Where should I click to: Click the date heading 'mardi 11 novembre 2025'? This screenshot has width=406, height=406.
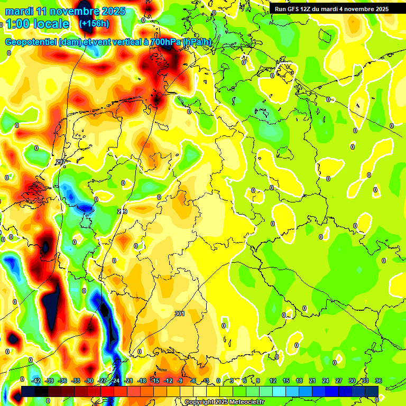pos(65,11)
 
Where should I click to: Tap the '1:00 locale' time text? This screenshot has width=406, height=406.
pos(37,24)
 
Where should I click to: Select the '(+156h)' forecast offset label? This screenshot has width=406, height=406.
pos(94,24)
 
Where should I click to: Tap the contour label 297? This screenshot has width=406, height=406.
pos(60,162)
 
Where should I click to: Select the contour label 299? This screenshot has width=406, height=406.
pos(122,211)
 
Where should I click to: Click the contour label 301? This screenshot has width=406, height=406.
pos(180,313)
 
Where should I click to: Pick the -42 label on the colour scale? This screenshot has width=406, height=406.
pos(36,381)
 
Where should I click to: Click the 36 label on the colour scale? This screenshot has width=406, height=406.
pos(378,381)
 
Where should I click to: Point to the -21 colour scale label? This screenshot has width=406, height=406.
pos(128,381)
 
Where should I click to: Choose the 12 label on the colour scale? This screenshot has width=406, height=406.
pos(273,381)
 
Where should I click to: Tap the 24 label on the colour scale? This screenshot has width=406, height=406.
pos(326,381)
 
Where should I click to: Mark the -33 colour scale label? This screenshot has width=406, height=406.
pos(76,381)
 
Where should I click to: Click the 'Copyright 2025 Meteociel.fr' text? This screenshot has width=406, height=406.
pos(225,402)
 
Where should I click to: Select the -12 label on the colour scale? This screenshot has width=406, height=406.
pos(168,381)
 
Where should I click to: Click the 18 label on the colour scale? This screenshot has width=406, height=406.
pos(299,381)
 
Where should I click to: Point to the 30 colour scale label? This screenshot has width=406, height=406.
pos(352,381)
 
